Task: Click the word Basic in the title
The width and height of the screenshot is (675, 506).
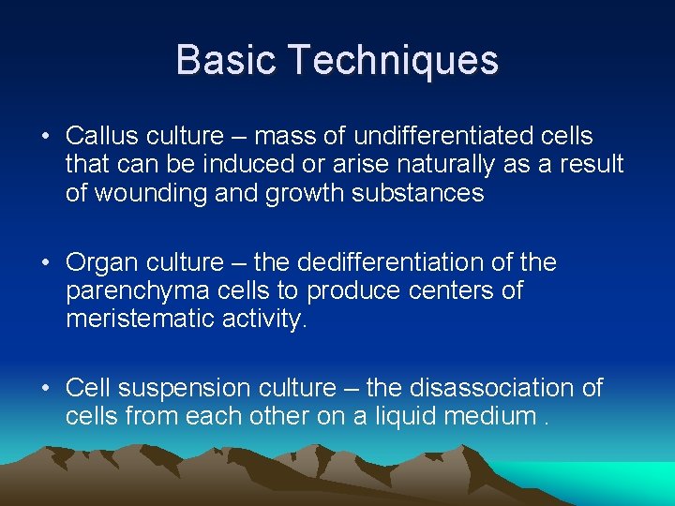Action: tap(227, 60)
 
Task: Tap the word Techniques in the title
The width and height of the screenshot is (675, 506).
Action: tap(394, 61)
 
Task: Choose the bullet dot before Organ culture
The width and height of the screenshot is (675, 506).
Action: tap(46, 263)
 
